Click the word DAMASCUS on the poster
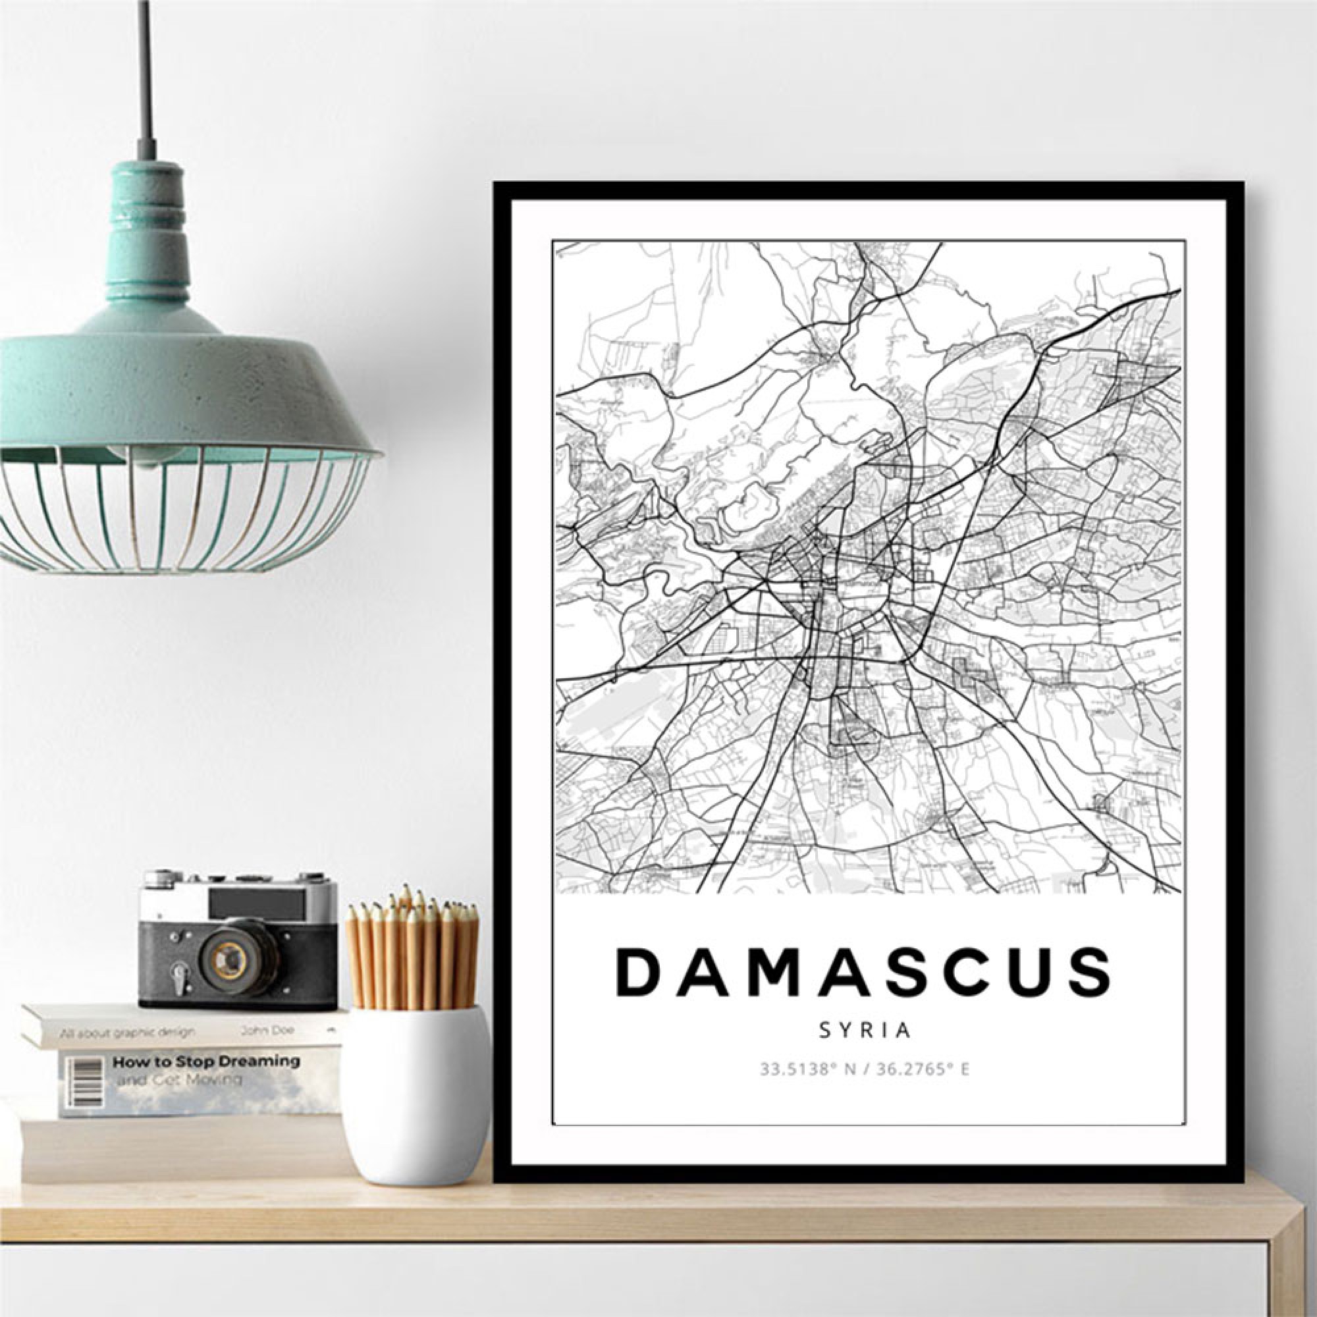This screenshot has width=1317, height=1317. pos(864,973)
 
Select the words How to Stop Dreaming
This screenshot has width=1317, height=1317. pos(206,1062)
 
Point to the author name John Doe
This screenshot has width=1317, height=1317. pos(267,1031)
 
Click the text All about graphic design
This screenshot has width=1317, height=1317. pos(127,1032)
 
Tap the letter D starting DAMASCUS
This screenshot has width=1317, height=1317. pos(638,973)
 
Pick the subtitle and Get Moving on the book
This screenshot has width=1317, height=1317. pos(178,1080)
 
